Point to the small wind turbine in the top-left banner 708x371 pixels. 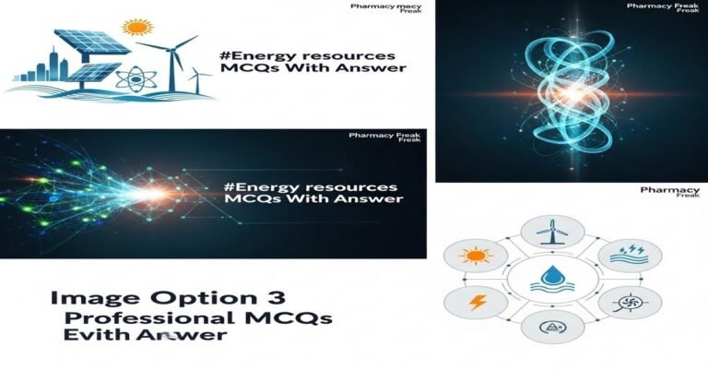(x=196, y=78)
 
